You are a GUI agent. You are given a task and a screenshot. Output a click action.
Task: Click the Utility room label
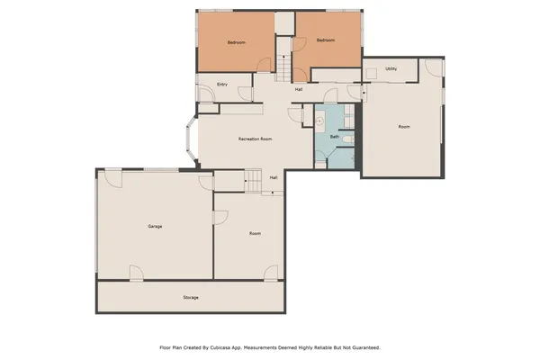click(391, 68)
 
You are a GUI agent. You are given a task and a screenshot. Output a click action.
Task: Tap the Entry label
click(221, 85)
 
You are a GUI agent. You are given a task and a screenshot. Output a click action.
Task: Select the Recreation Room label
click(256, 139)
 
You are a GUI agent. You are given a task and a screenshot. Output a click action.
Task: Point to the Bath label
click(335, 137)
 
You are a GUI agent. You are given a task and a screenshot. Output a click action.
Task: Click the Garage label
click(155, 226)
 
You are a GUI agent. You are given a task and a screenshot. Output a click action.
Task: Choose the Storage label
click(190, 297)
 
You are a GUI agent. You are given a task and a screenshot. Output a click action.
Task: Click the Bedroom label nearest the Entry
click(237, 41)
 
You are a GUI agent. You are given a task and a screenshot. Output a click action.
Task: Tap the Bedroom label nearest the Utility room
click(325, 40)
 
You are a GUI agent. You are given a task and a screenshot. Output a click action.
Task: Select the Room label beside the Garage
click(256, 234)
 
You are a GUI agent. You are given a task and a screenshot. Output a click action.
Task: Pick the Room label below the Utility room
click(404, 127)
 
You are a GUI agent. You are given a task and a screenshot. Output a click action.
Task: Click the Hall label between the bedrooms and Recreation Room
click(299, 88)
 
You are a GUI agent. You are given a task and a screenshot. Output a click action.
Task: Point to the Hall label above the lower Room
click(274, 177)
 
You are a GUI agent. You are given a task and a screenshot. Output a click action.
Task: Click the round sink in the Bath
click(320, 119)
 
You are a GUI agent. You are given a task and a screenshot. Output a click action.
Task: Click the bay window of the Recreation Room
click(190, 140)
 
